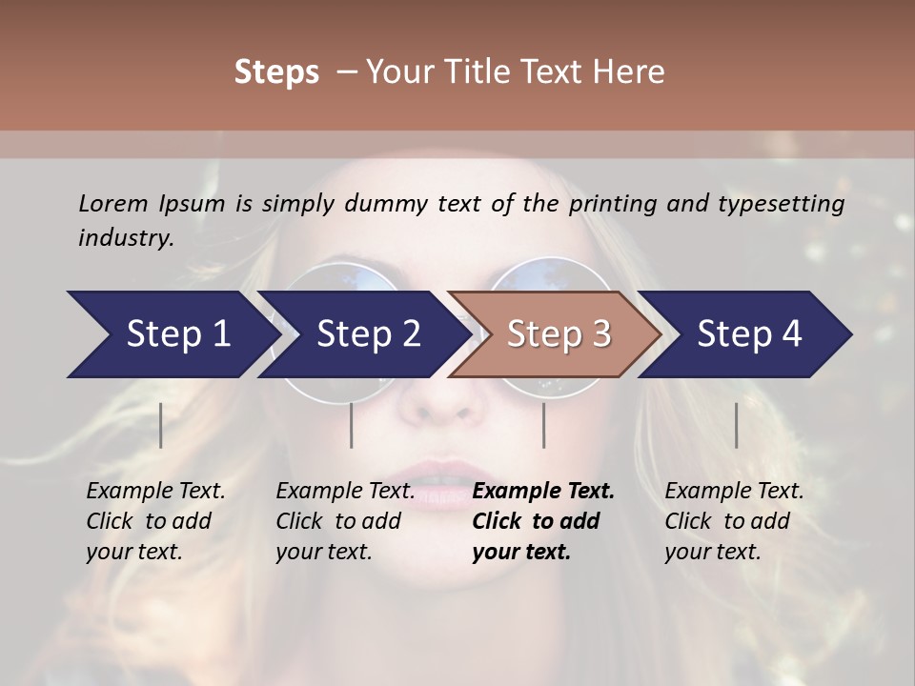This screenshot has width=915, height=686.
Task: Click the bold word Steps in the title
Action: point(276,72)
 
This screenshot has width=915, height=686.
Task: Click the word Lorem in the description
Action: point(112,204)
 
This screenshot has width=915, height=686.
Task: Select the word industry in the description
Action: point(125,238)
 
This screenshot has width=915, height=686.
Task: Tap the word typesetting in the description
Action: point(778,204)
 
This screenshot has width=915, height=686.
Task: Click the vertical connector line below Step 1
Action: point(161,425)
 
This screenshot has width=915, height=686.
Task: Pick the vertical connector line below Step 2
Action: point(352,425)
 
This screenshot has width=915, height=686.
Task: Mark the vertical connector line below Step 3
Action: point(544,425)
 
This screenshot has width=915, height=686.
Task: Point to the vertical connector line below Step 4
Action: point(737,425)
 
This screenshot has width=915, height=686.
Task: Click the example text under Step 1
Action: point(155,521)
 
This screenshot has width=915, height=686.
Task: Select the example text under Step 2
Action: point(345,521)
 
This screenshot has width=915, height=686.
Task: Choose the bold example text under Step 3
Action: point(543,521)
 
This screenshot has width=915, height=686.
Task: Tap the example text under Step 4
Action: point(734,521)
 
